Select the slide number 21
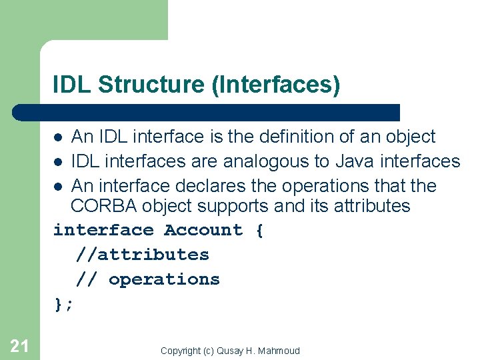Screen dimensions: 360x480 (19, 345)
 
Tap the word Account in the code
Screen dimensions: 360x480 (203, 230)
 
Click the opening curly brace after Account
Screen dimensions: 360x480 (259, 230)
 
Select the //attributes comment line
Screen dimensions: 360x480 (142, 255)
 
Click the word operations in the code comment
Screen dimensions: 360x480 (164, 279)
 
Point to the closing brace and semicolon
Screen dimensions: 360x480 (64, 304)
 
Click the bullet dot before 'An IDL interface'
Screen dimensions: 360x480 (59, 137)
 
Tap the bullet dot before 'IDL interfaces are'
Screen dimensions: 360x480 (59, 162)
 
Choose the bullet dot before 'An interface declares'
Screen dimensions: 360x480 (59, 187)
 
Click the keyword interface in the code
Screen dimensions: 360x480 (103, 230)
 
